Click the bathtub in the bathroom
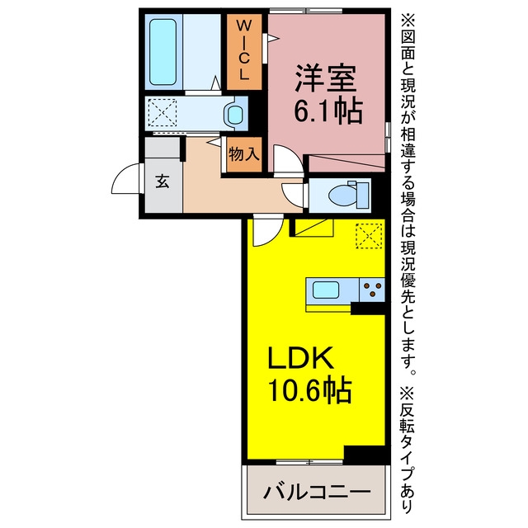163,51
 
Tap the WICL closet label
244,49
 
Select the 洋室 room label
326,78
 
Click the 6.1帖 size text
328,111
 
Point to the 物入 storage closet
244,154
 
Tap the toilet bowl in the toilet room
342,196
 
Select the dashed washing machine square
163,113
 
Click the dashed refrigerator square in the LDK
369,236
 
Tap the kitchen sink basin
326,290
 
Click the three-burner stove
372,290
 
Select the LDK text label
300,357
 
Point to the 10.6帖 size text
310,390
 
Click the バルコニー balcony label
317,493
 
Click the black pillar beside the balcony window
365,454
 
